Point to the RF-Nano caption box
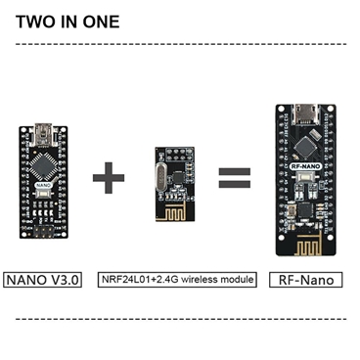[307, 280]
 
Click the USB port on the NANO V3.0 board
[44, 130]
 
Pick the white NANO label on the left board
[44, 183]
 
